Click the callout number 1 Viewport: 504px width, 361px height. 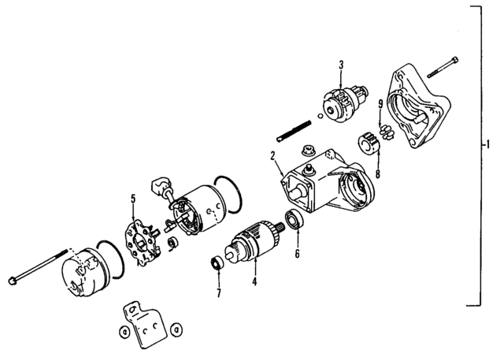click(x=490, y=145)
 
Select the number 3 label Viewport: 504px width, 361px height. click(x=339, y=65)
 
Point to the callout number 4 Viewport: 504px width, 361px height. click(x=254, y=280)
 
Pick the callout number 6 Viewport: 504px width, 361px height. click(x=297, y=254)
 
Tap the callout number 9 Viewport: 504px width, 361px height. click(x=380, y=103)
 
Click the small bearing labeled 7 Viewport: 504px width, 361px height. click(x=216, y=262)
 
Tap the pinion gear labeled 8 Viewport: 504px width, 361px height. click(x=366, y=143)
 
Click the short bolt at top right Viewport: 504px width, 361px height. click(x=442, y=69)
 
